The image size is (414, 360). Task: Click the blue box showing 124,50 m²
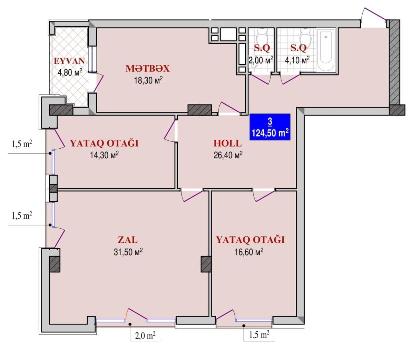[x=270, y=127]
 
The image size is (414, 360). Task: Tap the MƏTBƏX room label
[x=147, y=68]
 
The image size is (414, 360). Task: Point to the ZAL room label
[x=128, y=239]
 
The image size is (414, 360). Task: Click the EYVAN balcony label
[x=69, y=61]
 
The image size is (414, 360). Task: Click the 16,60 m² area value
[x=249, y=252]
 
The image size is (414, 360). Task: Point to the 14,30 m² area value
[x=104, y=155]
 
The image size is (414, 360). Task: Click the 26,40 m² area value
[x=228, y=155]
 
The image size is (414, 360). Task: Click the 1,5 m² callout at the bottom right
[x=259, y=334]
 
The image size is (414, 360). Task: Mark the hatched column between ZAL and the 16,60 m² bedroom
[x=206, y=264]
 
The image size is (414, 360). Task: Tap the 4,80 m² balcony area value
[x=70, y=72]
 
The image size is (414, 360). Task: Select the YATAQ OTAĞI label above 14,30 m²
[x=104, y=143]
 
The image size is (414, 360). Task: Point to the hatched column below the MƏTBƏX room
[x=199, y=110]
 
